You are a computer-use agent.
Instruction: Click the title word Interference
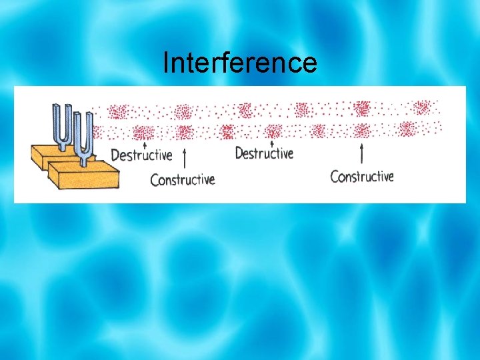pos(240,63)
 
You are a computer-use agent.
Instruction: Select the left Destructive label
pos(141,155)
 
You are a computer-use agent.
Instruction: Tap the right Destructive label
pos(264,153)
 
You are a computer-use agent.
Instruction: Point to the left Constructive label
pos(182,179)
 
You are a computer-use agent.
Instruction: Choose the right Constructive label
pos(362,176)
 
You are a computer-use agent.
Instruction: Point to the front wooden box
pos(83,178)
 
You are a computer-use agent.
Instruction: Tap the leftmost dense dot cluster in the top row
pos(118,111)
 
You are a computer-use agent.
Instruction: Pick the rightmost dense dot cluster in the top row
pos(422,107)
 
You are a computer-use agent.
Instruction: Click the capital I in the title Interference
pos(166,63)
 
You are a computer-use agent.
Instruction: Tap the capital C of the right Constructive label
pos(335,177)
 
